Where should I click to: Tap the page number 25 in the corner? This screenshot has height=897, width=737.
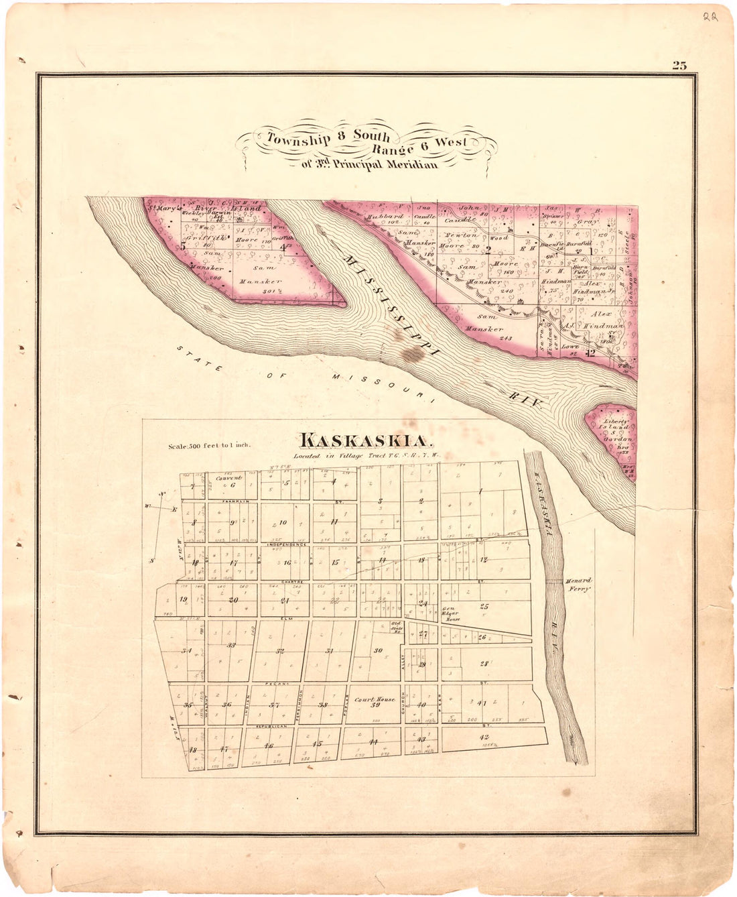coord(679,65)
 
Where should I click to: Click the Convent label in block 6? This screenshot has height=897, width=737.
coord(228,478)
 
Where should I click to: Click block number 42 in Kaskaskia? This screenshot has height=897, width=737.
coord(484,737)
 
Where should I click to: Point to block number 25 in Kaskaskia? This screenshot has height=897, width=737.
coord(484,606)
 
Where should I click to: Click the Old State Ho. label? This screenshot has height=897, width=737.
coord(395,627)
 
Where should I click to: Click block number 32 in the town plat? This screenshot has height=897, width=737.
coord(280,651)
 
